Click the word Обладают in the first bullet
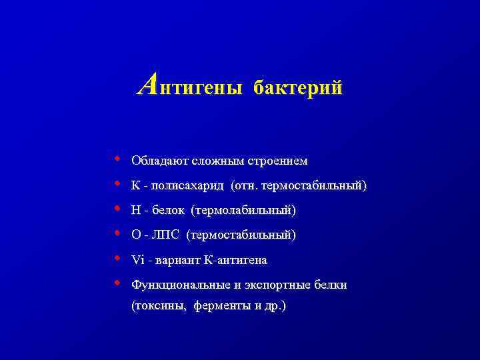(160, 161)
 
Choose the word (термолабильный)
(243, 211)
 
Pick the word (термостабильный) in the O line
(242, 235)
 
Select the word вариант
(169, 260)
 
